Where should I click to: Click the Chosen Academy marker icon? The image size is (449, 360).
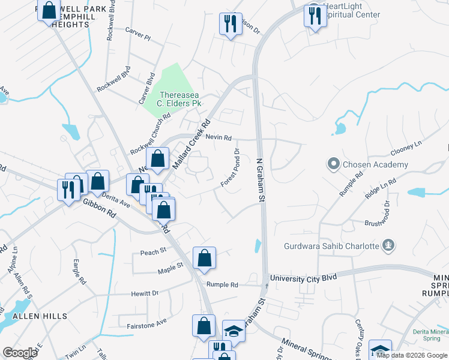click(x=334, y=164)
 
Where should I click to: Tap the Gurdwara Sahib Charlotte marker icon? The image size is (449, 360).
click(x=389, y=245)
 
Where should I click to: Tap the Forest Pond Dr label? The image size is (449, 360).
click(x=231, y=167)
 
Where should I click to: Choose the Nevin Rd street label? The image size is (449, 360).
click(x=218, y=137)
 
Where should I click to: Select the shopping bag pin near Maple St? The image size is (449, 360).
click(x=205, y=257)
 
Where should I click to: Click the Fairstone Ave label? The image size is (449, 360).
click(x=146, y=322)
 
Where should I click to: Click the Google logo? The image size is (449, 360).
click(x=20, y=353)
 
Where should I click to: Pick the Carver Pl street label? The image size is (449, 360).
click(x=139, y=35)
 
